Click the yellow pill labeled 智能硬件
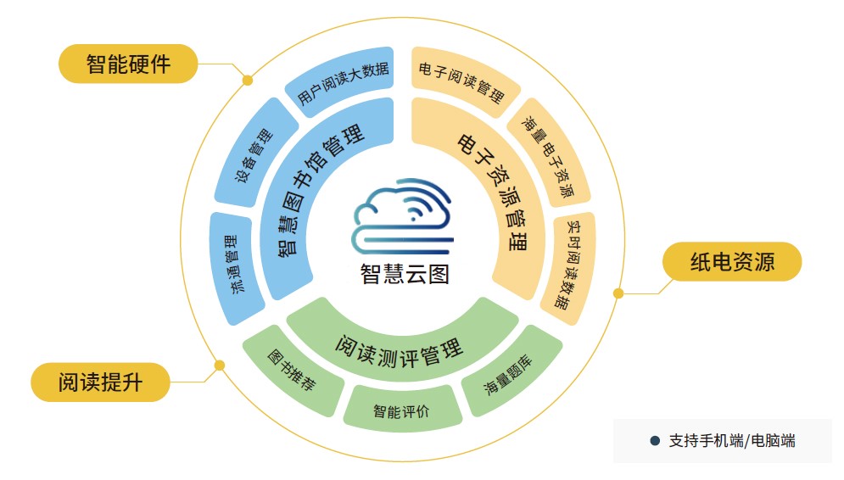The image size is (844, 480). [128, 64]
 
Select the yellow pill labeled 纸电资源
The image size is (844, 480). [732, 261]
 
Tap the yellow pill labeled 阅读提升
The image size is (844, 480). [100, 382]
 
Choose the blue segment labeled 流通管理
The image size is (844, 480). [232, 265]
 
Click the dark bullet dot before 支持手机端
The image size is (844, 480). [654, 441]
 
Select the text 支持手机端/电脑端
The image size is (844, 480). [731, 441]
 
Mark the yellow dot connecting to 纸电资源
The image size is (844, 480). [618, 293]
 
